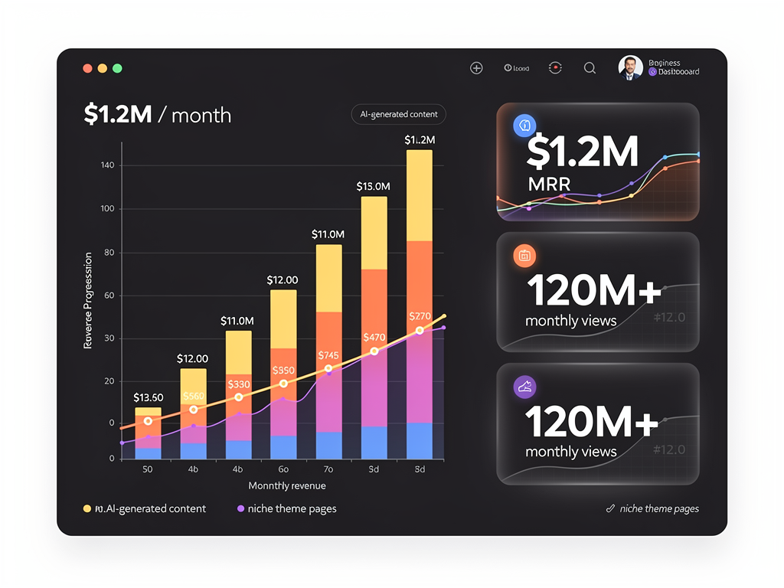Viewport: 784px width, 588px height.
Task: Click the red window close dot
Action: point(87,68)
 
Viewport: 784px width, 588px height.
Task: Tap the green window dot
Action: point(117,68)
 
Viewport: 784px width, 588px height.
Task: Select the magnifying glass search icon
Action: point(590,68)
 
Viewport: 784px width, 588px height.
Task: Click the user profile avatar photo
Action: point(630,67)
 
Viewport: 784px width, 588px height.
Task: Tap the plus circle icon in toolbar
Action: point(476,68)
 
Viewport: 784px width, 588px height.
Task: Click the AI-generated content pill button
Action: point(398,114)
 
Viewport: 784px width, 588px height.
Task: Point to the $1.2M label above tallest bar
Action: point(420,139)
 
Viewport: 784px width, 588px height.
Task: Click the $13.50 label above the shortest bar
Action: point(148,397)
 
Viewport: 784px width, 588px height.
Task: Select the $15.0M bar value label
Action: point(374,186)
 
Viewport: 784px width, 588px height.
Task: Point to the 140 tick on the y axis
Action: point(106,165)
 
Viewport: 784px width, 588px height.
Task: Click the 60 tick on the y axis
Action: point(109,296)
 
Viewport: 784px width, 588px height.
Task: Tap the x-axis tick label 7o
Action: point(328,469)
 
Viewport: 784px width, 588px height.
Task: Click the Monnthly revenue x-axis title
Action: point(287,485)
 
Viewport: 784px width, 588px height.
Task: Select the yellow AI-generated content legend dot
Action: point(87,508)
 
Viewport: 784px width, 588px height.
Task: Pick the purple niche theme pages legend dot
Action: point(240,508)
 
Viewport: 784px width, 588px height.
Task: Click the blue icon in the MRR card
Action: point(525,126)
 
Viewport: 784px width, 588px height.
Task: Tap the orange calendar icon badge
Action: point(525,256)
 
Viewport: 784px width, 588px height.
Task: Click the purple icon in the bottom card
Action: point(525,387)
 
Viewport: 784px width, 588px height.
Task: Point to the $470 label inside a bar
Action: point(374,337)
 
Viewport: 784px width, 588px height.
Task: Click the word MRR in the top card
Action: point(549,185)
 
